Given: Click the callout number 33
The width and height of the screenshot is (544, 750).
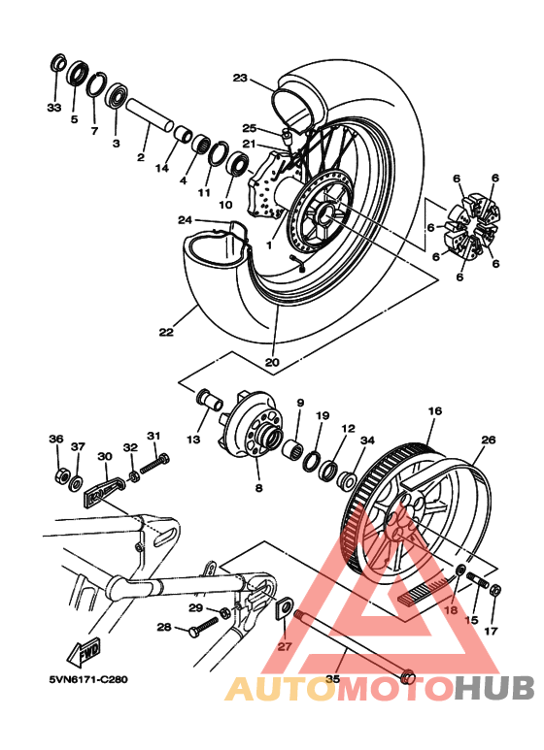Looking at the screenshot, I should tap(53, 107).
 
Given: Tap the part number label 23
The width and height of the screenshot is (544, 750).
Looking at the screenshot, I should tap(240, 78).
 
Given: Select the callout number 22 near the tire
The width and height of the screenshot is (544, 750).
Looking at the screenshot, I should tap(166, 332).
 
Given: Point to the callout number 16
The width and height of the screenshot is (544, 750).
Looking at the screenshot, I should tap(434, 411).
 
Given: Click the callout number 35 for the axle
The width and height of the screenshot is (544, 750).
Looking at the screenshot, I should tap(332, 680).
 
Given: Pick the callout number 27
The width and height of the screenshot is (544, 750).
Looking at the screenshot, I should tap(284, 645).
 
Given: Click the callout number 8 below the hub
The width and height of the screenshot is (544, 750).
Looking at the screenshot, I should tap(258, 489).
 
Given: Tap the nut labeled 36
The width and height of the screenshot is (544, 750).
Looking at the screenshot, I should tap(60, 476).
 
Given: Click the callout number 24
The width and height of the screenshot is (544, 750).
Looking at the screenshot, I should tap(185, 220).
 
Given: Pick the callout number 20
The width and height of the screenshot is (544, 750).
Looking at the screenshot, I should tap(272, 363).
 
